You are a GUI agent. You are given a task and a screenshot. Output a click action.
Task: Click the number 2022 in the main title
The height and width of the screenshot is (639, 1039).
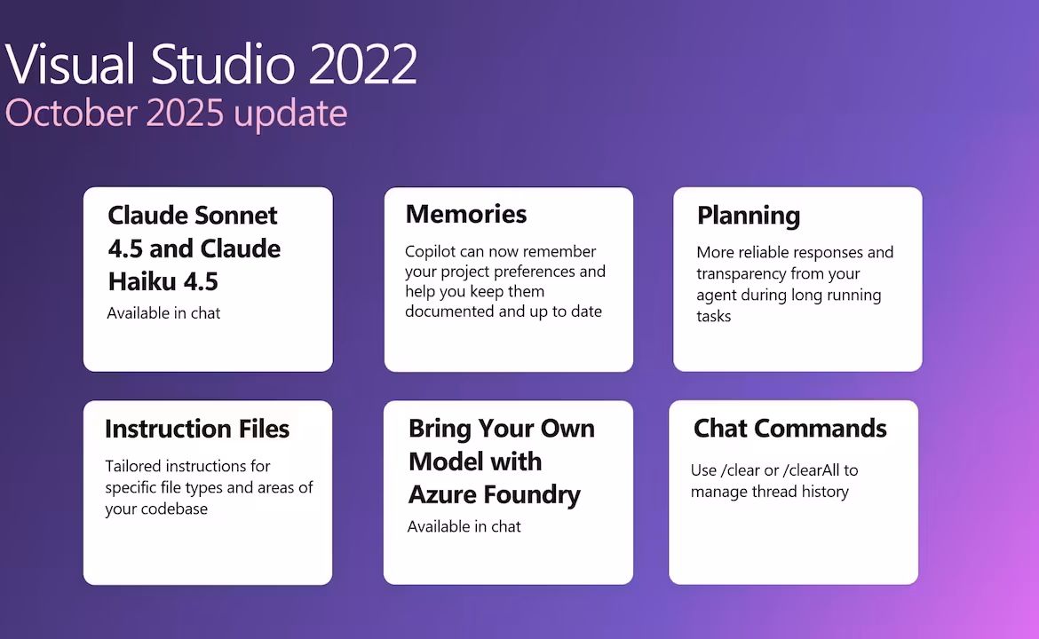pyautogui.click(x=363, y=64)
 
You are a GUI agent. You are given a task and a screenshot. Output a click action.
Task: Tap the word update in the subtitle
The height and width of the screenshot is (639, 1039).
pyautogui.click(x=290, y=114)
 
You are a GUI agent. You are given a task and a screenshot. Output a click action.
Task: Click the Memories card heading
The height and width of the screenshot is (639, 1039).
pyautogui.click(x=466, y=214)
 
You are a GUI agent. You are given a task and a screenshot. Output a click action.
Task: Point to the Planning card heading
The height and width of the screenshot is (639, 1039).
pyautogui.click(x=748, y=216)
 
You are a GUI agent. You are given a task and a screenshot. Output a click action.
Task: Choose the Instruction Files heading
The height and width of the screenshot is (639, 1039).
pyautogui.click(x=197, y=429)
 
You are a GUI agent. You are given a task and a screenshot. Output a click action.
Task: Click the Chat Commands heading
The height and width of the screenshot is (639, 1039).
pyautogui.click(x=789, y=429)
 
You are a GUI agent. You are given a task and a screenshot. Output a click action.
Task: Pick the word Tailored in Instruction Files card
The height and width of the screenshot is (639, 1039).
pyautogui.click(x=131, y=466)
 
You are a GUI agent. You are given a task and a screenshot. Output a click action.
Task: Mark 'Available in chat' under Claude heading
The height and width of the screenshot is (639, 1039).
pyautogui.click(x=163, y=313)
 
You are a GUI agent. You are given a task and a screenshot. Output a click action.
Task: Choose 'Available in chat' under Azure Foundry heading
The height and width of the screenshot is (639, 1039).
pyautogui.click(x=464, y=526)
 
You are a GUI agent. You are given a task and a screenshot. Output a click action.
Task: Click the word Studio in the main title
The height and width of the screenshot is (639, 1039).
pyautogui.click(x=223, y=64)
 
